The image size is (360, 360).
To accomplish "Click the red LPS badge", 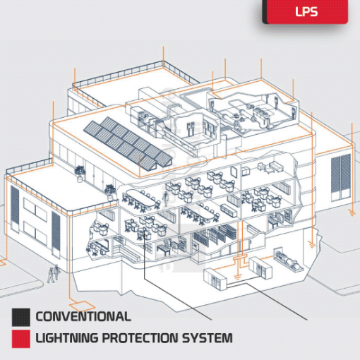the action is [306, 11].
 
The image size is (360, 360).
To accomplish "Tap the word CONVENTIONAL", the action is [83, 316].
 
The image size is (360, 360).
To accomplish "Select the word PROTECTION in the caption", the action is [140, 338].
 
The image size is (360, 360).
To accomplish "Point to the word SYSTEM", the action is [208, 338].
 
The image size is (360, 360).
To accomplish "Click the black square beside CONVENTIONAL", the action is [21, 318].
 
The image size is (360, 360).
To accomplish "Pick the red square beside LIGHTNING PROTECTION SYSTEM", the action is [21, 339].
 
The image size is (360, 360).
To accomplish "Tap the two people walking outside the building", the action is [54, 273].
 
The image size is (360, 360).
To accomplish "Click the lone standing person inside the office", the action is [165, 199].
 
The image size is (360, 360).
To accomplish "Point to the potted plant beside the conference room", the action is [110, 192].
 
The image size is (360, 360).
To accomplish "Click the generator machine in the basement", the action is [287, 259].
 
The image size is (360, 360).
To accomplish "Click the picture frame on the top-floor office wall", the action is [234, 172].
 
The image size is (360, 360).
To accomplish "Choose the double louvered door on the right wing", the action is [341, 178].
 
